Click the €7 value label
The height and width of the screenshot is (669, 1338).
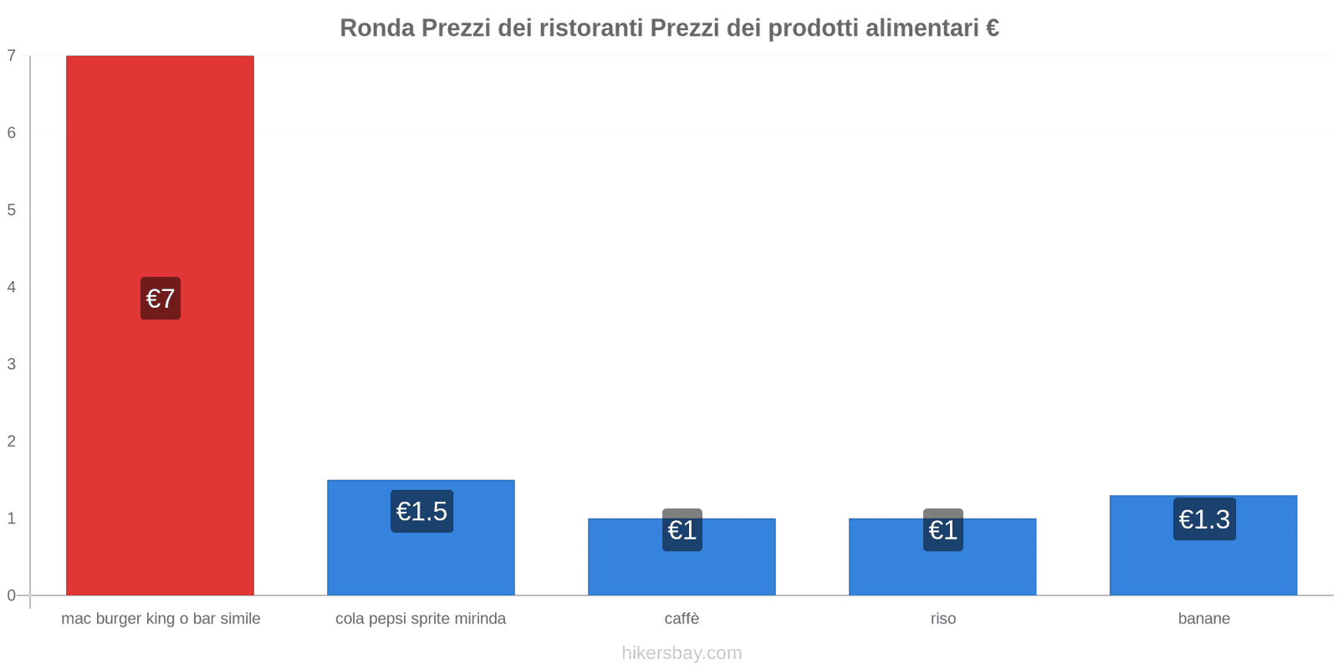click(x=161, y=299)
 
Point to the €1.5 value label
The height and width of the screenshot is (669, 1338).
click(x=421, y=511)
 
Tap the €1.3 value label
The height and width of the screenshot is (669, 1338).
click(x=1204, y=519)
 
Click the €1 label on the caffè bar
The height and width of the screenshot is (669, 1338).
click(x=682, y=530)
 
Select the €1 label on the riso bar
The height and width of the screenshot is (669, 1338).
click(x=943, y=530)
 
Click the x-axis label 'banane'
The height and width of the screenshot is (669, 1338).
click(x=1203, y=619)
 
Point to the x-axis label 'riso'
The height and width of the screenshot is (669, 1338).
click(x=942, y=619)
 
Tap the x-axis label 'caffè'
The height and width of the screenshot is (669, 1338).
click(x=682, y=619)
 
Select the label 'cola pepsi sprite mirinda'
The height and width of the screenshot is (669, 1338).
click(x=421, y=619)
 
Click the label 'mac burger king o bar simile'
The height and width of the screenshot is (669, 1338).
click(x=161, y=619)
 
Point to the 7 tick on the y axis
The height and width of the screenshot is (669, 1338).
click(x=12, y=56)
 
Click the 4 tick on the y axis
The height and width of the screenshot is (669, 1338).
click(x=12, y=287)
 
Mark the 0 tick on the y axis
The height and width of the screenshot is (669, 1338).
click(x=12, y=595)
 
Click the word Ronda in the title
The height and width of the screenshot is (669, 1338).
click(x=376, y=28)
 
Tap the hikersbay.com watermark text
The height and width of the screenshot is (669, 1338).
click(x=682, y=653)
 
